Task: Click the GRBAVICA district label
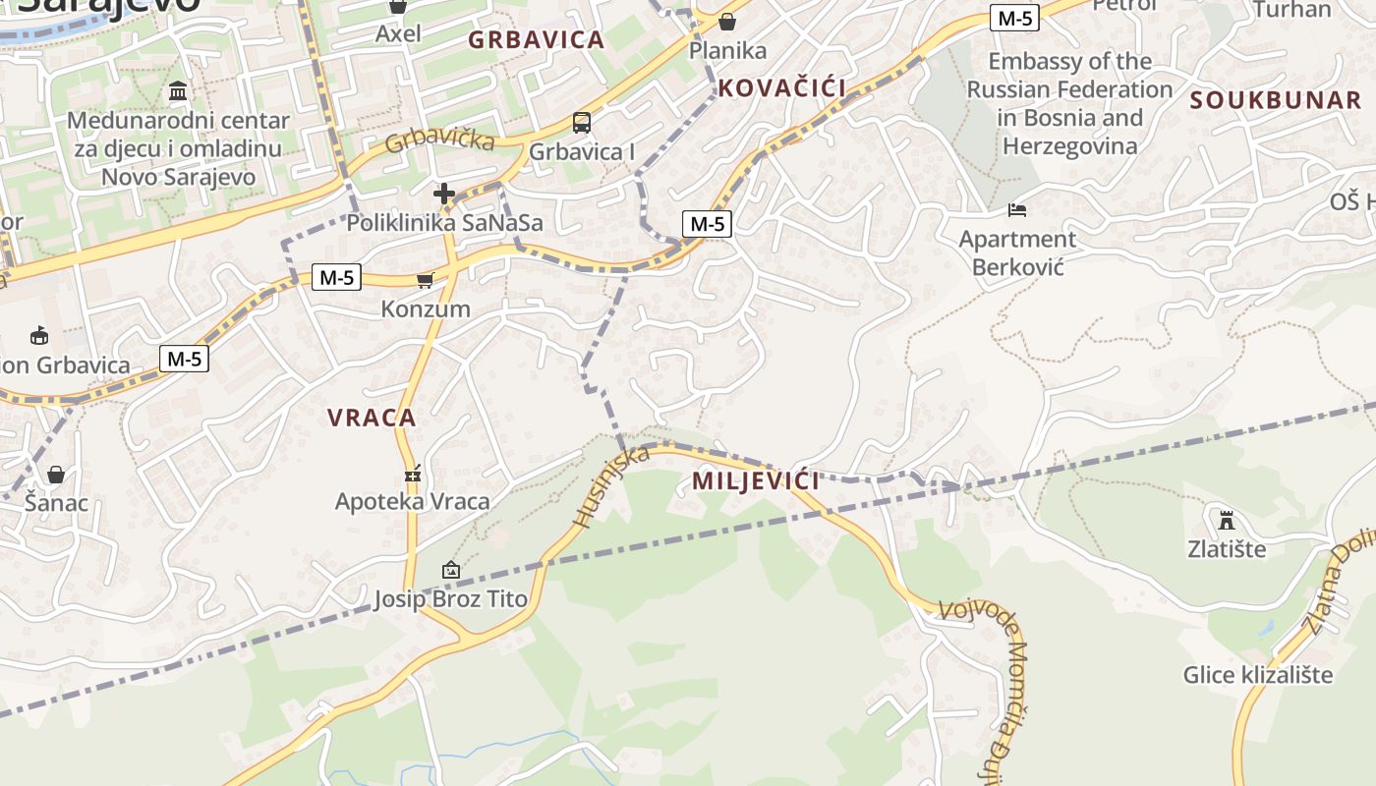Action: click(x=536, y=40)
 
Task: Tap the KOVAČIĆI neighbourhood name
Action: click(x=781, y=88)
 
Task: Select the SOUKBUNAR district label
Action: click(x=1275, y=100)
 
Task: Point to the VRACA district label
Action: click(x=372, y=418)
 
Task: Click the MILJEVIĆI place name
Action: click(x=755, y=481)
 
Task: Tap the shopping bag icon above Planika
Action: click(x=727, y=21)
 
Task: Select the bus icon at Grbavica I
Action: click(x=582, y=123)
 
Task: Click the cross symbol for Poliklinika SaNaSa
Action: click(x=444, y=194)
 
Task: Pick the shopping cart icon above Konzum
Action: click(x=425, y=281)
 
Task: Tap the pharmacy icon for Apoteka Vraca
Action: click(x=413, y=474)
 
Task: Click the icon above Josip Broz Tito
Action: click(x=450, y=570)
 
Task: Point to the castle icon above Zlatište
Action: click(x=1226, y=519)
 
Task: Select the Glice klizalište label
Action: click(x=1257, y=675)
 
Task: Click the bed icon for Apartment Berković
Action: click(x=1017, y=210)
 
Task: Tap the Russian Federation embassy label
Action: click(x=1069, y=103)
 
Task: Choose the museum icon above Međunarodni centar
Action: click(x=178, y=91)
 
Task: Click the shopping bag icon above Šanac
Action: click(x=56, y=476)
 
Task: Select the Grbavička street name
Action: click(x=439, y=140)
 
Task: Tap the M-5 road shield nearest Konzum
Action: click(x=335, y=277)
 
